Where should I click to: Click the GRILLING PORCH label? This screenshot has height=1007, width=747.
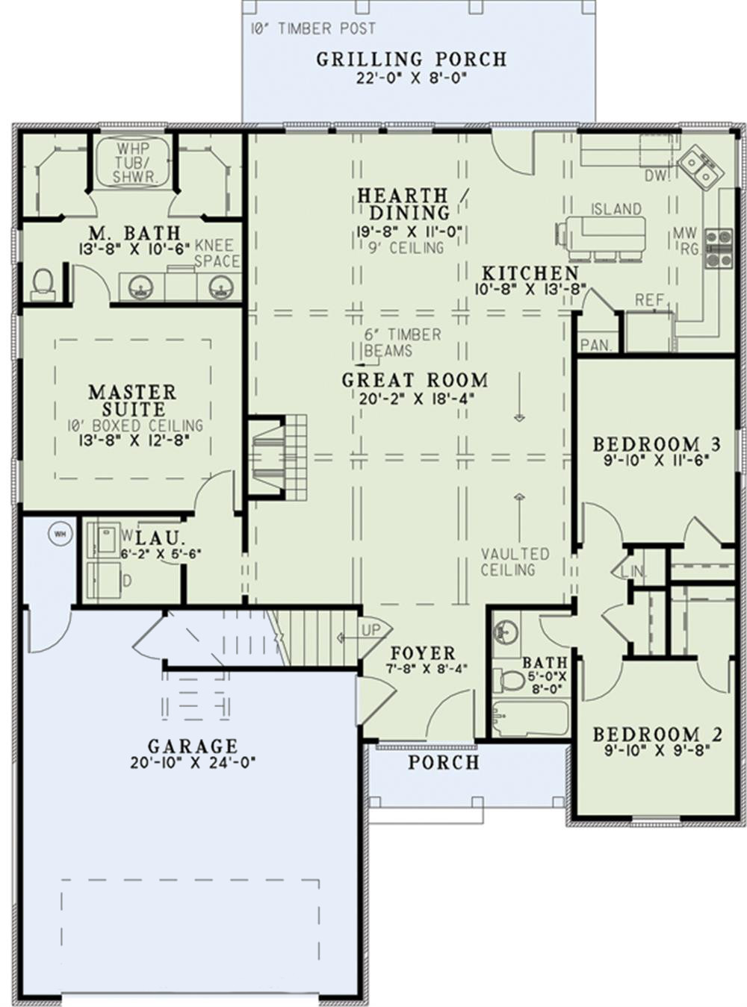pos(411,59)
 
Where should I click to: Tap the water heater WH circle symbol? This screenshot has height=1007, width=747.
pos(59,533)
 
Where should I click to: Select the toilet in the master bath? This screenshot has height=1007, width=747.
pos(43,283)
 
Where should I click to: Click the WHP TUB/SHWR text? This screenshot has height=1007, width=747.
pos(134,163)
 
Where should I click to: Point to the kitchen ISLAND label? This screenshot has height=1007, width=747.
pos(616,209)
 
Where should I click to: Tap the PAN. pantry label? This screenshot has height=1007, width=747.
pos(596,346)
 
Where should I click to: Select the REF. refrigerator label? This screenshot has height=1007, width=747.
pos(649,300)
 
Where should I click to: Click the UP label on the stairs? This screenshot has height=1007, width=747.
pos(371,630)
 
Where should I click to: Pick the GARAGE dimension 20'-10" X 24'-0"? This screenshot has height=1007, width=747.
pos(192,763)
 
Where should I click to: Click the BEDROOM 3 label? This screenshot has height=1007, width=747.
pos(657,445)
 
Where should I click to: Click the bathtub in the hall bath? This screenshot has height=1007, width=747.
pos(529,719)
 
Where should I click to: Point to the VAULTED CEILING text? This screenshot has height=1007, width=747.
pos(515,562)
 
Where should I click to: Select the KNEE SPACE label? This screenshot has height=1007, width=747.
pos(217,253)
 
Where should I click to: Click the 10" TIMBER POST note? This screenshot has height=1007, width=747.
pos(313,28)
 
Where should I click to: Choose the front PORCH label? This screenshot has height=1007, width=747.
pos(444,762)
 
